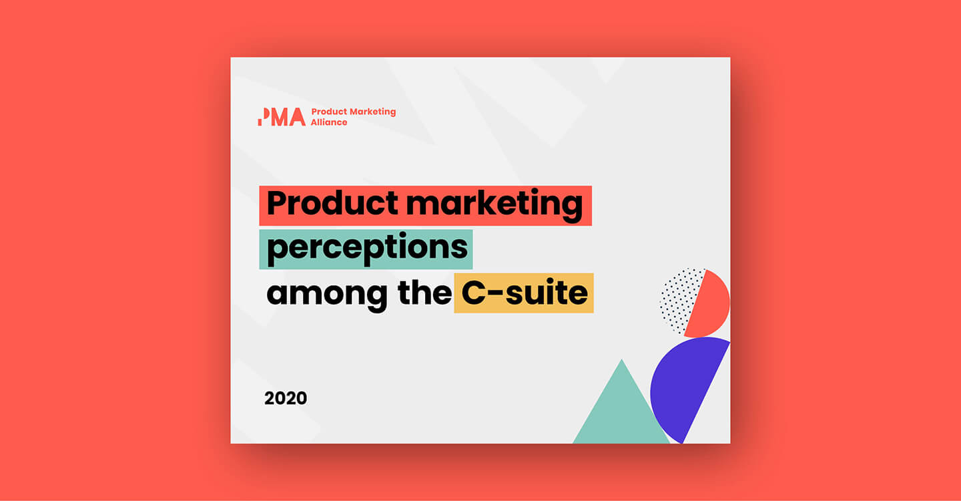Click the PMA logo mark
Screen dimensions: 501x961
(282, 117)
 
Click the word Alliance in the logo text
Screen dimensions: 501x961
(329, 123)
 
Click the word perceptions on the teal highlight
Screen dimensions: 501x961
(366, 248)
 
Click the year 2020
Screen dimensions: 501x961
(286, 399)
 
